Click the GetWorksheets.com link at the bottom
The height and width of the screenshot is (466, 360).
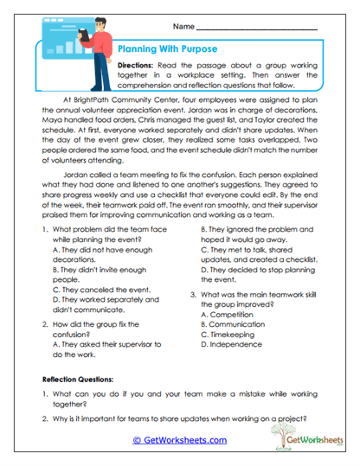pos(180,439)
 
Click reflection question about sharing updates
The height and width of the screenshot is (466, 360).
pos(177,419)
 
